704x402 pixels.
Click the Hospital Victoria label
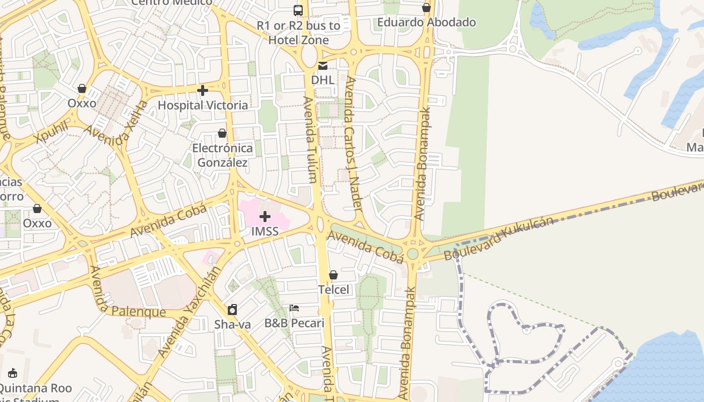pos(203,105)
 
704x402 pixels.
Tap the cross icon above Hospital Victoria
pos(203,90)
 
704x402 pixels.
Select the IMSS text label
pos(265,232)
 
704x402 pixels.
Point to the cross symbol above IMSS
pos(265,217)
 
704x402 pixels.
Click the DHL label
pos(322,80)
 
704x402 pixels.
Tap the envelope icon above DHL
pos(322,65)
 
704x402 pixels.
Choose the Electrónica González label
pos(222,155)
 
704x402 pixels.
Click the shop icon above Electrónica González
pos(222,133)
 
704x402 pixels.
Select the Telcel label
pos(333,289)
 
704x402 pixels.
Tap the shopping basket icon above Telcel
pos(333,275)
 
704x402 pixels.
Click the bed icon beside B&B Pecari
pos(294,308)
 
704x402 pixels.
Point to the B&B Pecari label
pos(294,323)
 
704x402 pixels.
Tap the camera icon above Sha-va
pos(232,309)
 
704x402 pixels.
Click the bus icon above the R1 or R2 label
pos(298,10)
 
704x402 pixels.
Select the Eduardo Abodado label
pos(426,22)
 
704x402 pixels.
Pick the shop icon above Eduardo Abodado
pos(426,8)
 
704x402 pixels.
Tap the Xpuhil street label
pos(51,132)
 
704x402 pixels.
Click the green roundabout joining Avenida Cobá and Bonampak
pos(413,253)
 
